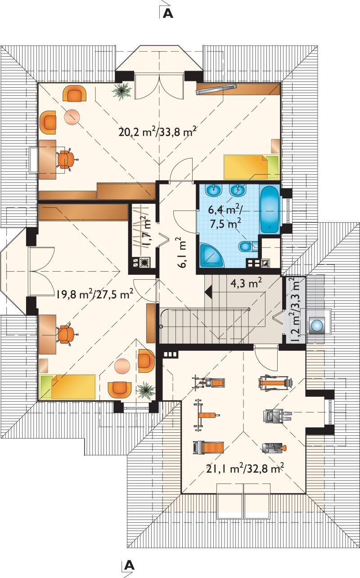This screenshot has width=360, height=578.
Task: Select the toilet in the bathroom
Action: [x=247, y=246]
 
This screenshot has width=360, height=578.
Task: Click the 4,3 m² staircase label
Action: [x=246, y=284]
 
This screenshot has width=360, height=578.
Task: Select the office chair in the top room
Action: [x=66, y=159]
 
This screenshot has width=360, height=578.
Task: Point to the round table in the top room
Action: [x=72, y=117]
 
